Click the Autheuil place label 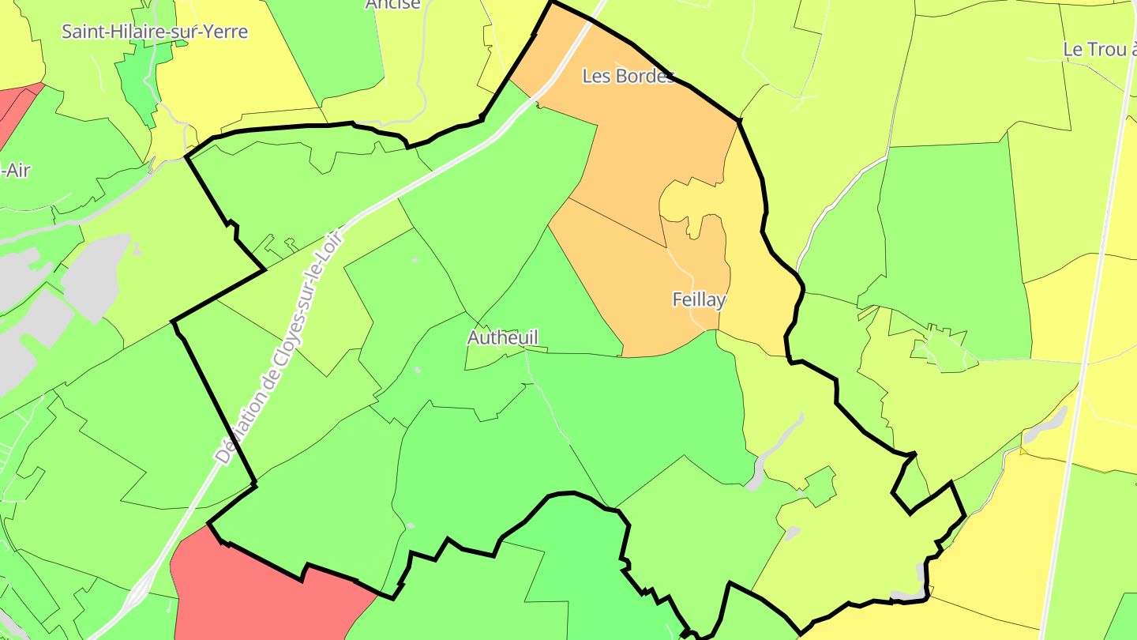point(502,337)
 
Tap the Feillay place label point(699,299)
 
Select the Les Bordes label point(629,76)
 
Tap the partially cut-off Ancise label point(392,5)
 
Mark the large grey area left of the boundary point(95,277)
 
